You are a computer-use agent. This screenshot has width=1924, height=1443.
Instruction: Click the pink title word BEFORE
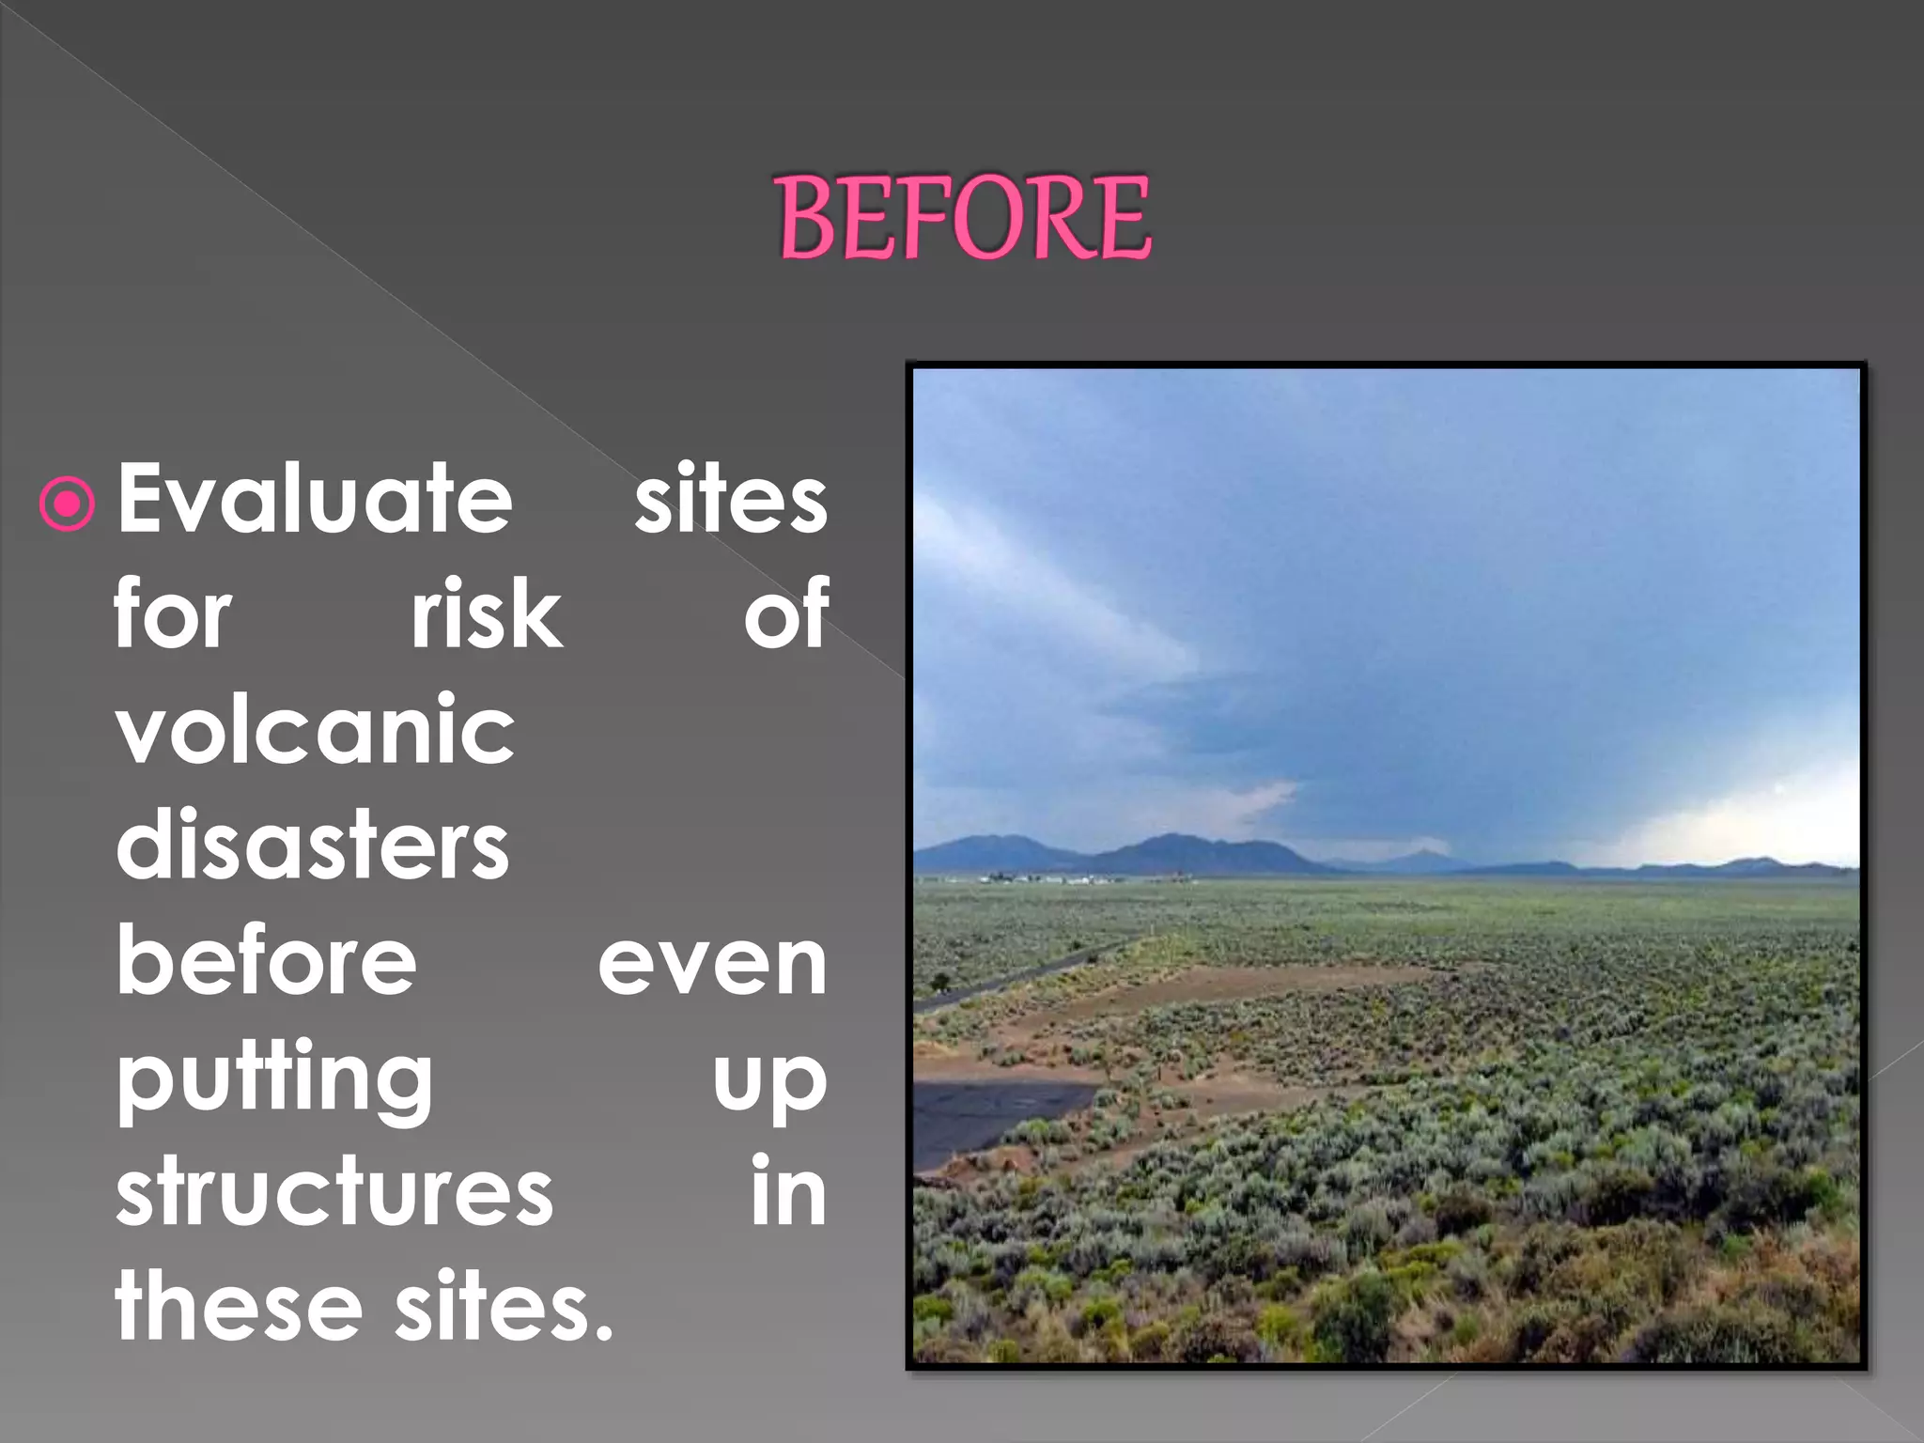(x=964, y=218)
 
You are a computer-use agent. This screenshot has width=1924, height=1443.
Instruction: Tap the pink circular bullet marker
(x=68, y=504)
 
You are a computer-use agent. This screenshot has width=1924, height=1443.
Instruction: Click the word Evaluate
(x=315, y=500)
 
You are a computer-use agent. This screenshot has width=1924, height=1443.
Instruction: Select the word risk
(x=487, y=615)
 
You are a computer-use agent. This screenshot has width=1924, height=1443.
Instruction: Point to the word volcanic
(x=316, y=731)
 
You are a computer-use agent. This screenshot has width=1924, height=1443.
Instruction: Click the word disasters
(x=312, y=846)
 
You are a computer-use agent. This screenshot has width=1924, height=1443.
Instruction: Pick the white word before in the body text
(x=266, y=961)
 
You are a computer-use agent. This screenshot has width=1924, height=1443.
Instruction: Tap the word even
(x=712, y=964)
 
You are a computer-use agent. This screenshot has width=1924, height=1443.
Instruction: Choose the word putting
(x=274, y=1080)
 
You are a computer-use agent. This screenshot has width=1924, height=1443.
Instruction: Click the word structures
(x=334, y=1193)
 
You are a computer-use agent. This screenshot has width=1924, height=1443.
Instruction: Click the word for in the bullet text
(x=173, y=615)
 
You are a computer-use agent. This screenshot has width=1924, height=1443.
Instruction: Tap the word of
(x=786, y=615)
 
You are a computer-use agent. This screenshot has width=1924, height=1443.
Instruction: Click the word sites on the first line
(x=730, y=500)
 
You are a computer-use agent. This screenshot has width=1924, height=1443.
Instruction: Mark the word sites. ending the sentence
(x=504, y=1308)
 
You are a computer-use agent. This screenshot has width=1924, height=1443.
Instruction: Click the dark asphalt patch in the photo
(x=986, y=1118)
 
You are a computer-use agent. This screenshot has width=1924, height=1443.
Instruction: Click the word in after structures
(x=788, y=1193)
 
